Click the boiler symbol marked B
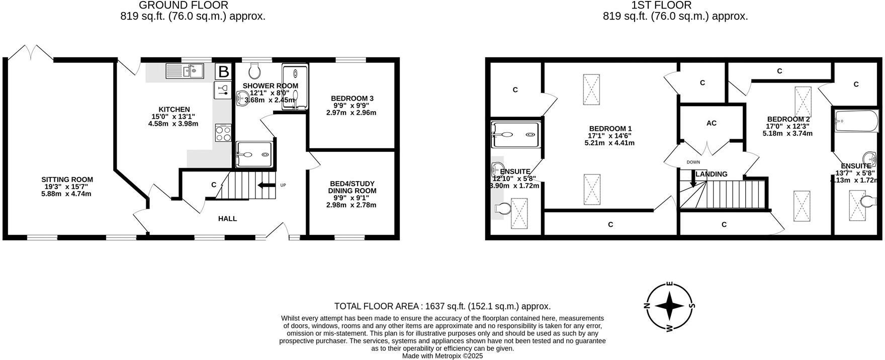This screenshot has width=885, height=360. point(223,71)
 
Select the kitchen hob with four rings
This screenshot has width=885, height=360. point(223,133)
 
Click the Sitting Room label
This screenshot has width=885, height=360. point(67,179)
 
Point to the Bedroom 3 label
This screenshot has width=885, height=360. point(352,98)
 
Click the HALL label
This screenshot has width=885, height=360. point(227,219)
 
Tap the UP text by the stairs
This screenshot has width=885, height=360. point(283,185)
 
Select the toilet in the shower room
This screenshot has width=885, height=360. point(254,70)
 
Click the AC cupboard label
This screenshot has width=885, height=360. point(711,123)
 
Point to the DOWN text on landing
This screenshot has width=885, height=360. point(693,162)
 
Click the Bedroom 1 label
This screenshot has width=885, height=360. point(610,128)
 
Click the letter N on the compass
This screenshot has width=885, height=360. point(647,306)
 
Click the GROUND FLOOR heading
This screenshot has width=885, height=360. point(183,6)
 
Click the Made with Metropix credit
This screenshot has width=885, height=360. point(442,355)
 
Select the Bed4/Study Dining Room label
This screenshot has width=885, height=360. point(352,187)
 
